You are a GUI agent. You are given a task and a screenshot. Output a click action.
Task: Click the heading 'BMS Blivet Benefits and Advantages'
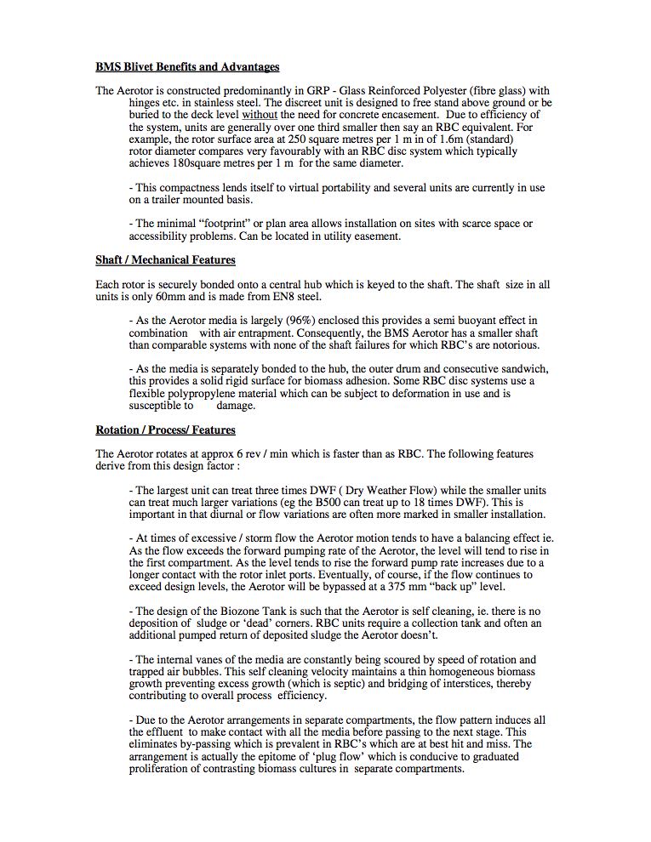click(x=187, y=66)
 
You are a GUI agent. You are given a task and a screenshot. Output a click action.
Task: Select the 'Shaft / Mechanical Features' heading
click(x=165, y=260)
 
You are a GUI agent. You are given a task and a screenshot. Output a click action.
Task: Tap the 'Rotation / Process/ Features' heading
click(x=165, y=430)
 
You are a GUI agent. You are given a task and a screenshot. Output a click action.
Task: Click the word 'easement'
click(x=374, y=236)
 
